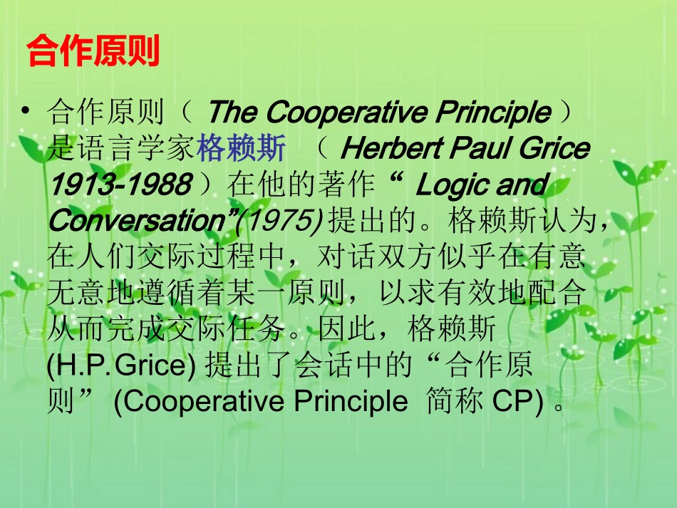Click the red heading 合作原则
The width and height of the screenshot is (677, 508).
[93, 51]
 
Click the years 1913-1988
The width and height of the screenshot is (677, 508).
[119, 185]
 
